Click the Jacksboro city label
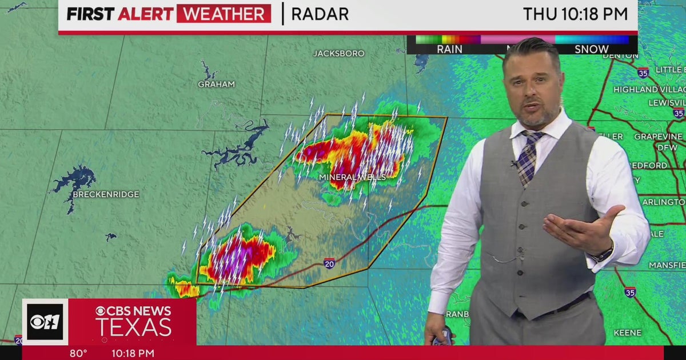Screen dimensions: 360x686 tap(338, 53)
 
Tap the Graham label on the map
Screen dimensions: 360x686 tap(216, 84)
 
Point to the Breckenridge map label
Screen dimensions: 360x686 tap(106, 194)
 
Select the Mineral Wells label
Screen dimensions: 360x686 tap(352, 177)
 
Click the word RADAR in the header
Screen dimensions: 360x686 tap(320, 14)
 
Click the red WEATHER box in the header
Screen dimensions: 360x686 tap(224, 14)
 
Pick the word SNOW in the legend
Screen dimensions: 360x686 tap(591, 49)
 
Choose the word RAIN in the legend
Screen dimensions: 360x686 tap(449, 49)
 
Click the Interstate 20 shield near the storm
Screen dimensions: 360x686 tap(329, 263)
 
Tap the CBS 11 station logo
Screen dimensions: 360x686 tap(45, 322)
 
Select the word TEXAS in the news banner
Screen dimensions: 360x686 tap(133, 328)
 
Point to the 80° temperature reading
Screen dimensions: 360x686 tap(78, 353)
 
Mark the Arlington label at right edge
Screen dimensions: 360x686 tap(663, 202)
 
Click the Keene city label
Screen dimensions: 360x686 tap(627, 333)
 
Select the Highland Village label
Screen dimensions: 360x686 tap(649, 89)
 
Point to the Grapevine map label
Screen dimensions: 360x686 tap(657, 137)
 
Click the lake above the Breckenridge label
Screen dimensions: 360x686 tap(74, 179)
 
